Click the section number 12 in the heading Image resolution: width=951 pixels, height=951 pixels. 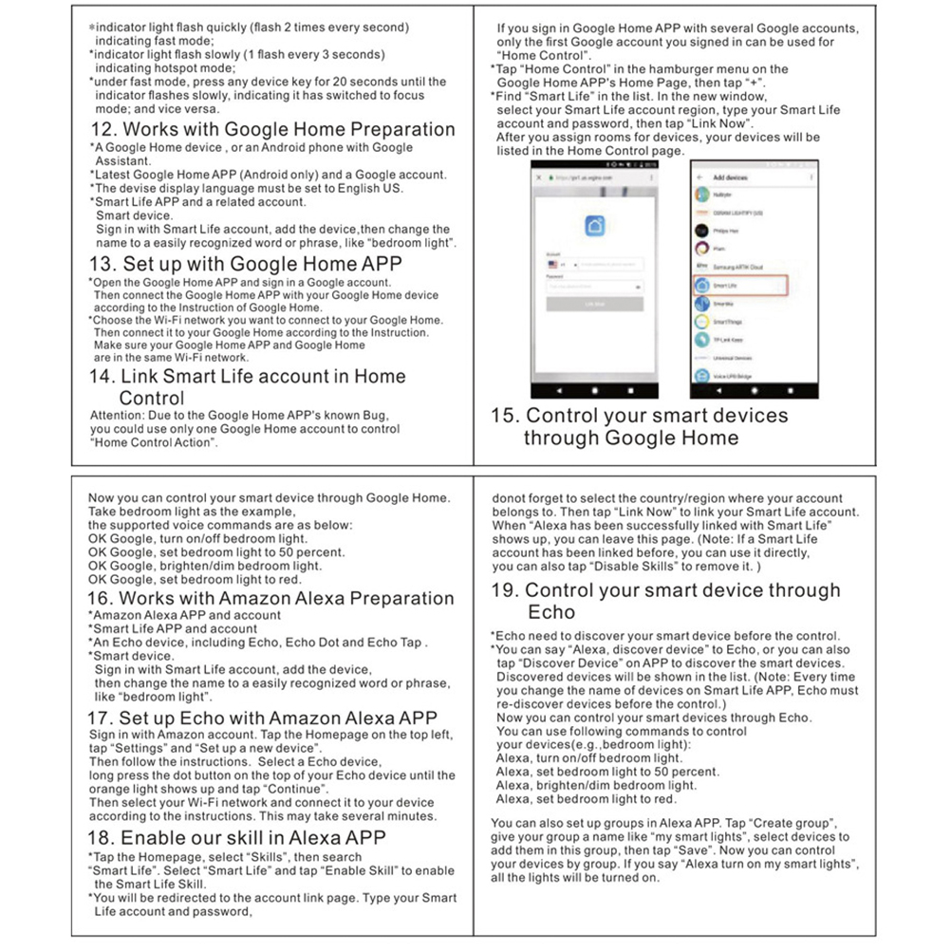(x=103, y=130)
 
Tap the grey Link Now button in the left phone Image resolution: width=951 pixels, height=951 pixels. (x=594, y=304)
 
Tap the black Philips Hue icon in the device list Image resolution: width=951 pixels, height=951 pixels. (x=702, y=231)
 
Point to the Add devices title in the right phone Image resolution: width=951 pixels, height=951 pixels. (x=730, y=178)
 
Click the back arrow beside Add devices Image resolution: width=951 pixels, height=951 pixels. (x=699, y=178)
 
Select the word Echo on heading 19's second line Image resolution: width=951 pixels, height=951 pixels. (x=551, y=612)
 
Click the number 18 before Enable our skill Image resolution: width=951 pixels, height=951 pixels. (x=102, y=838)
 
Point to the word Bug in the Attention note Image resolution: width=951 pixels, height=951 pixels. (x=375, y=415)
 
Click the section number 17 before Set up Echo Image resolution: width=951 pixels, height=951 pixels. (x=102, y=718)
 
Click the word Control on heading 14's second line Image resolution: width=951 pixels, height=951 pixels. (x=152, y=398)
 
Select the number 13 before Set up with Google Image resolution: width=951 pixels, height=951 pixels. (x=103, y=264)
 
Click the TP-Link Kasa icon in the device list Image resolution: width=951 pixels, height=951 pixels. (x=702, y=339)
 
